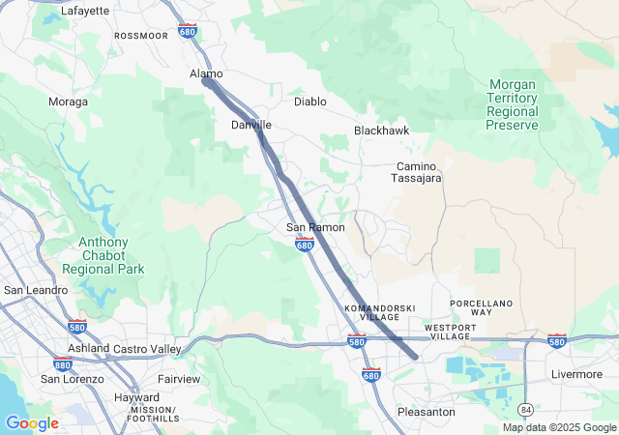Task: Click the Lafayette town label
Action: pyautogui.click(x=85, y=11)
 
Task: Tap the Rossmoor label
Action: pyautogui.click(x=141, y=35)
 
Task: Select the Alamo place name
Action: pyautogui.click(x=206, y=73)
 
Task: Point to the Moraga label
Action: pyautogui.click(x=68, y=101)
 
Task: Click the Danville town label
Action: pyautogui.click(x=251, y=126)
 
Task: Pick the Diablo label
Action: pyautogui.click(x=310, y=101)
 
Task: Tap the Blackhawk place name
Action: pyautogui.click(x=383, y=130)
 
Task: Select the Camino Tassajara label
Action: pyautogui.click(x=416, y=172)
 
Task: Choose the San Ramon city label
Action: pyautogui.click(x=315, y=227)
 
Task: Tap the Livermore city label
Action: pyautogui.click(x=576, y=374)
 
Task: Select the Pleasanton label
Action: pyautogui.click(x=426, y=412)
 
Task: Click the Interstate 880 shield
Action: pyautogui.click(x=64, y=365)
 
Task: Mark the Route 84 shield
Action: pyautogui.click(x=525, y=409)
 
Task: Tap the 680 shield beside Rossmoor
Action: pyautogui.click(x=188, y=32)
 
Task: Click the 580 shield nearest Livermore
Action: pyautogui.click(x=556, y=341)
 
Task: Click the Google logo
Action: pyautogui.click(x=32, y=423)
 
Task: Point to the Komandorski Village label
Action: pyautogui.click(x=379, y=312)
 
